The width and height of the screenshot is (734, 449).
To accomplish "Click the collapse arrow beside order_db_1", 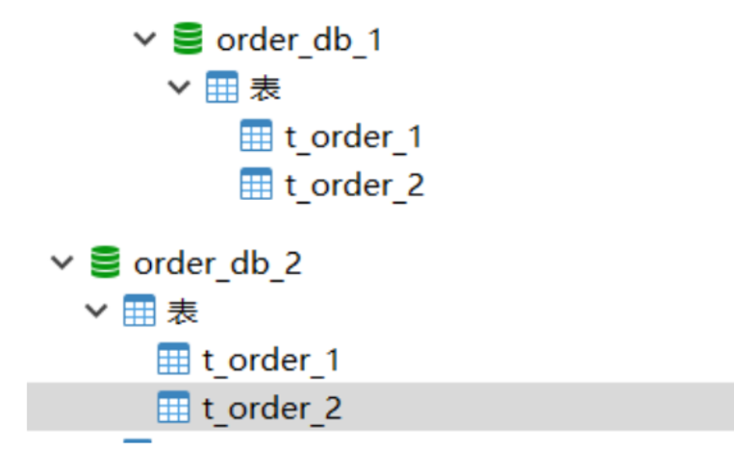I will click(x=144, y=40).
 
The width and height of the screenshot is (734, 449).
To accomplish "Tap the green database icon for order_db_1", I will click(x=189, y=39).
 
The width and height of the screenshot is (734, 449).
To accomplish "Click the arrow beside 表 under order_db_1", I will click(x=179, y=88).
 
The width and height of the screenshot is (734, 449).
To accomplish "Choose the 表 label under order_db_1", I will click(x=265, y=88).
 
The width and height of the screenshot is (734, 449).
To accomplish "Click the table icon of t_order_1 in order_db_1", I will click(x=256, y=137).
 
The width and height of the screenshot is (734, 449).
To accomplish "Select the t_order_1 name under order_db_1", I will click(x=353, y=137).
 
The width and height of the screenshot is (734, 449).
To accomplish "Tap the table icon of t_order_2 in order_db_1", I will click(x=256, y=183).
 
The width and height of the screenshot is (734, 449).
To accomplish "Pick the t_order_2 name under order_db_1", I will click(x=354, y=184).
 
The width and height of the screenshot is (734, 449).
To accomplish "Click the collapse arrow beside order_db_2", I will click(x=63, y=262).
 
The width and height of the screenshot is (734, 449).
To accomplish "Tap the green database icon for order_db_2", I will click(x=106, y=262).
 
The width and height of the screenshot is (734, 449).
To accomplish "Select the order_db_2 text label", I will click(x=217, y=263).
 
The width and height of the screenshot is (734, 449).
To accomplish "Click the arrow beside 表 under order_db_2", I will click(x=96, y=312).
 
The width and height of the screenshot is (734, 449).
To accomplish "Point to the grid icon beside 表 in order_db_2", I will click(x=138, y=312).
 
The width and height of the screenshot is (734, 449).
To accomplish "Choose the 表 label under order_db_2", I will click(x=183, y=312).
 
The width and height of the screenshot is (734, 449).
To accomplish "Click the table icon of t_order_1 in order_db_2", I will click(x=173, y=360).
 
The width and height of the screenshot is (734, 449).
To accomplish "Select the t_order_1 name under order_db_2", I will click(x=270, y=361).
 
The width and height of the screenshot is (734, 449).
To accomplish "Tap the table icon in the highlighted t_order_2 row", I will click(x=173, y=407).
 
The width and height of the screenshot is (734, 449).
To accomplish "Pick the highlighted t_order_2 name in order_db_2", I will click(x=271, y=408).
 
